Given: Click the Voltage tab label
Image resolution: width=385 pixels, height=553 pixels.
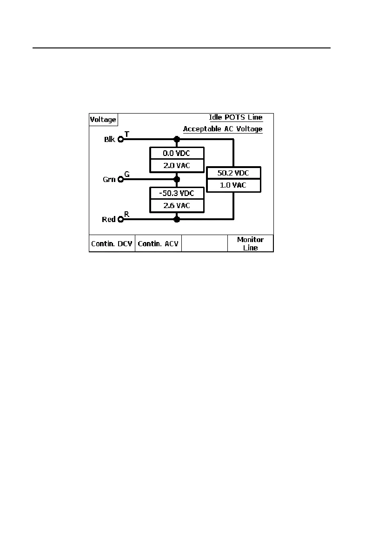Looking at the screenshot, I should tap(103, 120).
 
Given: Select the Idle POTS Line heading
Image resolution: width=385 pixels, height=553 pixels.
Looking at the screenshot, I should tap(236, 117).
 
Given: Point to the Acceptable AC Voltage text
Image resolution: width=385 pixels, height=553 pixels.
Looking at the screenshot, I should tap(223, 129).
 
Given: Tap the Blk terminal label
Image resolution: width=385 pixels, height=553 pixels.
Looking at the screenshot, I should tap(109, 139).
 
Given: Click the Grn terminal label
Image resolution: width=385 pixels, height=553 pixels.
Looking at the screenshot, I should tap(109, 179).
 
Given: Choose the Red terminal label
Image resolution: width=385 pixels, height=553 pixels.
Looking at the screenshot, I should tap(108, 219).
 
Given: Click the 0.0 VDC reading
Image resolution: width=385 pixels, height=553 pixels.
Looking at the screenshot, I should tap(177, 153).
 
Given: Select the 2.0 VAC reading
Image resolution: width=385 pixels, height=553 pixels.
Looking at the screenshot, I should tap(177, 165).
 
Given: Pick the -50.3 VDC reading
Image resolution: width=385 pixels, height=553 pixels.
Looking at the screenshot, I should tap(177, 193).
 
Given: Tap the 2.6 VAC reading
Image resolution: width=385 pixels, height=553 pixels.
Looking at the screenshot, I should tap(177, 205).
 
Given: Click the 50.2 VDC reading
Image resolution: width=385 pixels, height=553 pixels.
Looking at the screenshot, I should tap(233, 173).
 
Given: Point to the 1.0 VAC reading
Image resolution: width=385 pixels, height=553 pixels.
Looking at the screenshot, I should tap(233, 185).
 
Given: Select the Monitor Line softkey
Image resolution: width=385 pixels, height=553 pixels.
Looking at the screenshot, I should tap(250, 243).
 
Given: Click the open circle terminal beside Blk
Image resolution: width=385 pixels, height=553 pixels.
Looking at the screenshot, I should tap(120, 139).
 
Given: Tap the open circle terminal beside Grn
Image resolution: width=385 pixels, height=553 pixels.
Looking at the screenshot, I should tap(120, 179).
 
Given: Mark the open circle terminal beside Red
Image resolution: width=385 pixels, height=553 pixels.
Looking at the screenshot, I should tap(120, 218).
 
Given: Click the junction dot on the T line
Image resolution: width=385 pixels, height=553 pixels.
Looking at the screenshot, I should tap(176, 139).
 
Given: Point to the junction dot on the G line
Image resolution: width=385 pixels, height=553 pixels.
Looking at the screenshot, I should tap(176, 179).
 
